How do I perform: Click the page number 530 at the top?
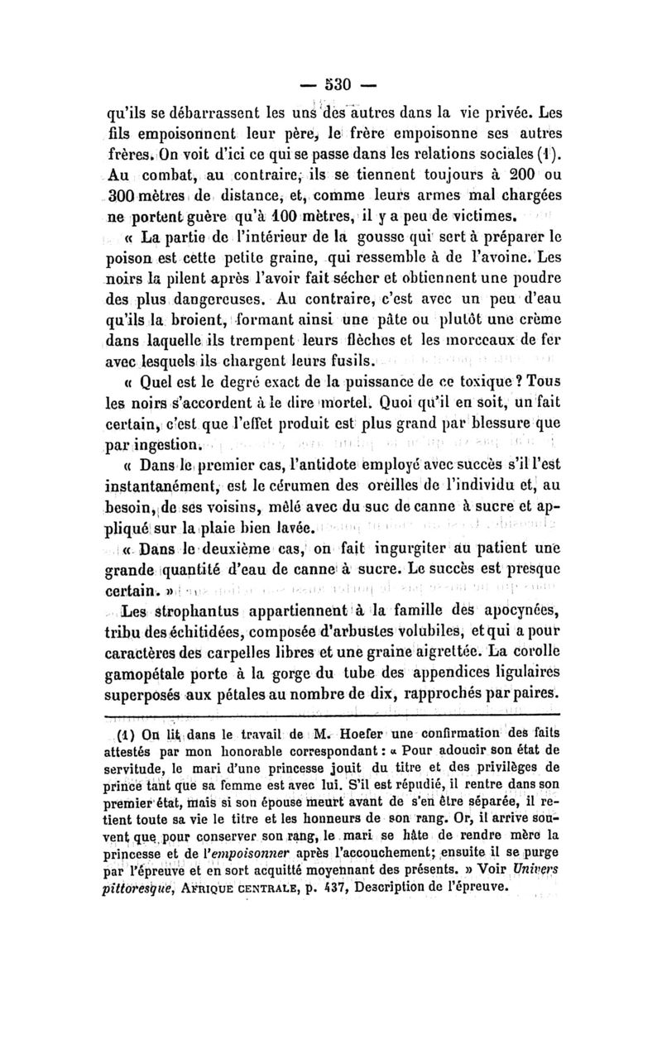click(333, 84)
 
